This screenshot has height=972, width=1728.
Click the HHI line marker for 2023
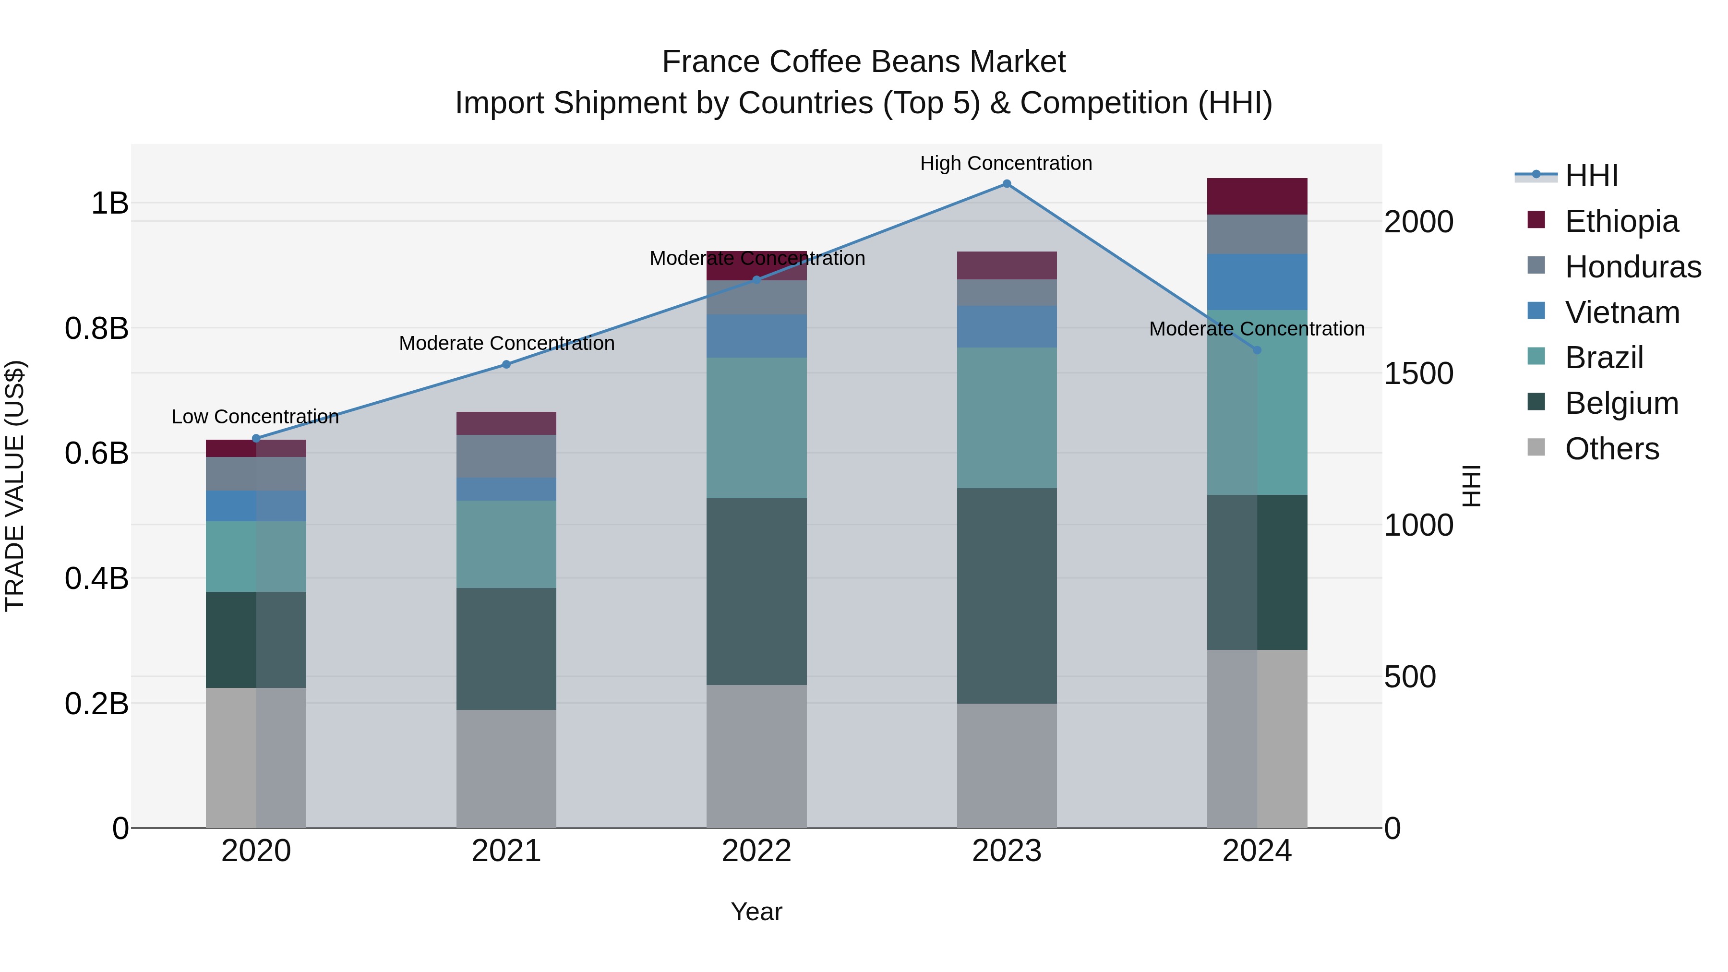tap(1006, 184)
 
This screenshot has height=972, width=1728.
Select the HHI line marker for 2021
tap(506, 364)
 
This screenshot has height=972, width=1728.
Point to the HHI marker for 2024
tap(1257, 350)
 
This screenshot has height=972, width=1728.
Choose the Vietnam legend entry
tap(1621, 312)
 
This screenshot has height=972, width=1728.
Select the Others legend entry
tap(1611, 449)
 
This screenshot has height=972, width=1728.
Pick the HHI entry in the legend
tap(1591, 176)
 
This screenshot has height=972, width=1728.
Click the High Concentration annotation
tap(1006, 163)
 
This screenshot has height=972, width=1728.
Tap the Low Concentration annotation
tap(255, 417)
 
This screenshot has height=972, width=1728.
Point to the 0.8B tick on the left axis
tap(96, 329)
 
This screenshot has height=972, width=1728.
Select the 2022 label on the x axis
tap(756, 851)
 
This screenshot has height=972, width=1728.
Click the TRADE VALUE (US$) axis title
tap(15, 486)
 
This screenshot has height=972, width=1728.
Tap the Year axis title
tap(756, 912)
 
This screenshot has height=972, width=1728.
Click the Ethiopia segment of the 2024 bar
tap(1257, 196)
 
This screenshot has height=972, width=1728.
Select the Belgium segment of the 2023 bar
tap(1006, 596)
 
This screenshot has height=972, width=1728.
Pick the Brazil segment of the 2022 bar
tap(756, 428)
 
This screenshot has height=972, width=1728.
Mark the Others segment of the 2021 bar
tap(506, 769)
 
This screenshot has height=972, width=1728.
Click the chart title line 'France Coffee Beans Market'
tap(864, 62)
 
